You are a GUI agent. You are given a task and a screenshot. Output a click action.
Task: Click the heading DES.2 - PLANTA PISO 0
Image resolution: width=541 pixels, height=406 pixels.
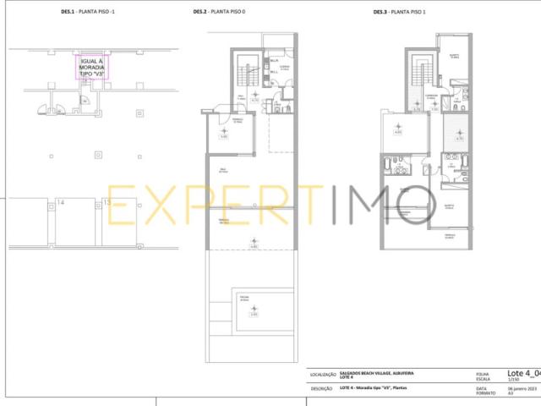click(220, 13)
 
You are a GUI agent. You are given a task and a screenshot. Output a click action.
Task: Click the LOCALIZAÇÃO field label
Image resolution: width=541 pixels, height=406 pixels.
click(323, 374)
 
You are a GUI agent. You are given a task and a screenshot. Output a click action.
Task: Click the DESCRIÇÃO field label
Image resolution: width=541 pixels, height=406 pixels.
click(321, 389)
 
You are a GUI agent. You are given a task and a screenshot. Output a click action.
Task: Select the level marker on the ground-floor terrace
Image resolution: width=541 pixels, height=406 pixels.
click(254, 244)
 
